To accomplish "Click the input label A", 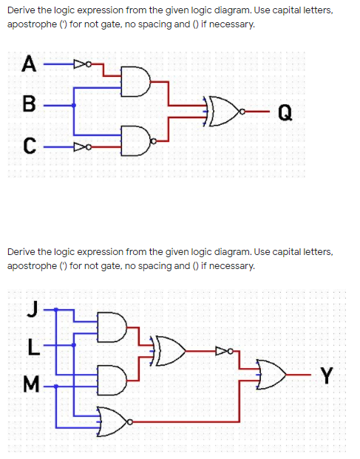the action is (x=29, y=64).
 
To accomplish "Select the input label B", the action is (x=30, y=103).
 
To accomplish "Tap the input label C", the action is (x=30, y=146).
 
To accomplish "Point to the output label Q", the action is (x=285, y=112).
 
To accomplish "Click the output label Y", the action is (x=327, y=375).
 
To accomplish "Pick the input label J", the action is (x=33, y=309).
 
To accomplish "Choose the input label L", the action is (x=34, y=347).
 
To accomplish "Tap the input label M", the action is (x=31, y=384).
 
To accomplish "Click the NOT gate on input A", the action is (x=83, y=64).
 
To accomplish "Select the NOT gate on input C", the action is (x=83, y=146).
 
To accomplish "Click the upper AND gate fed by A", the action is (x=136, y=81).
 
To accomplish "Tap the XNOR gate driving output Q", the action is (x=225, y=111).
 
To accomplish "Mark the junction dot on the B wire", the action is (x=74, y=105).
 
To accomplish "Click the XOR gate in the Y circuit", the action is (x=168, y=351).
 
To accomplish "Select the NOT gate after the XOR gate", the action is (x=225, y=350).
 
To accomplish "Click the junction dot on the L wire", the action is (x=74, y=345).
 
